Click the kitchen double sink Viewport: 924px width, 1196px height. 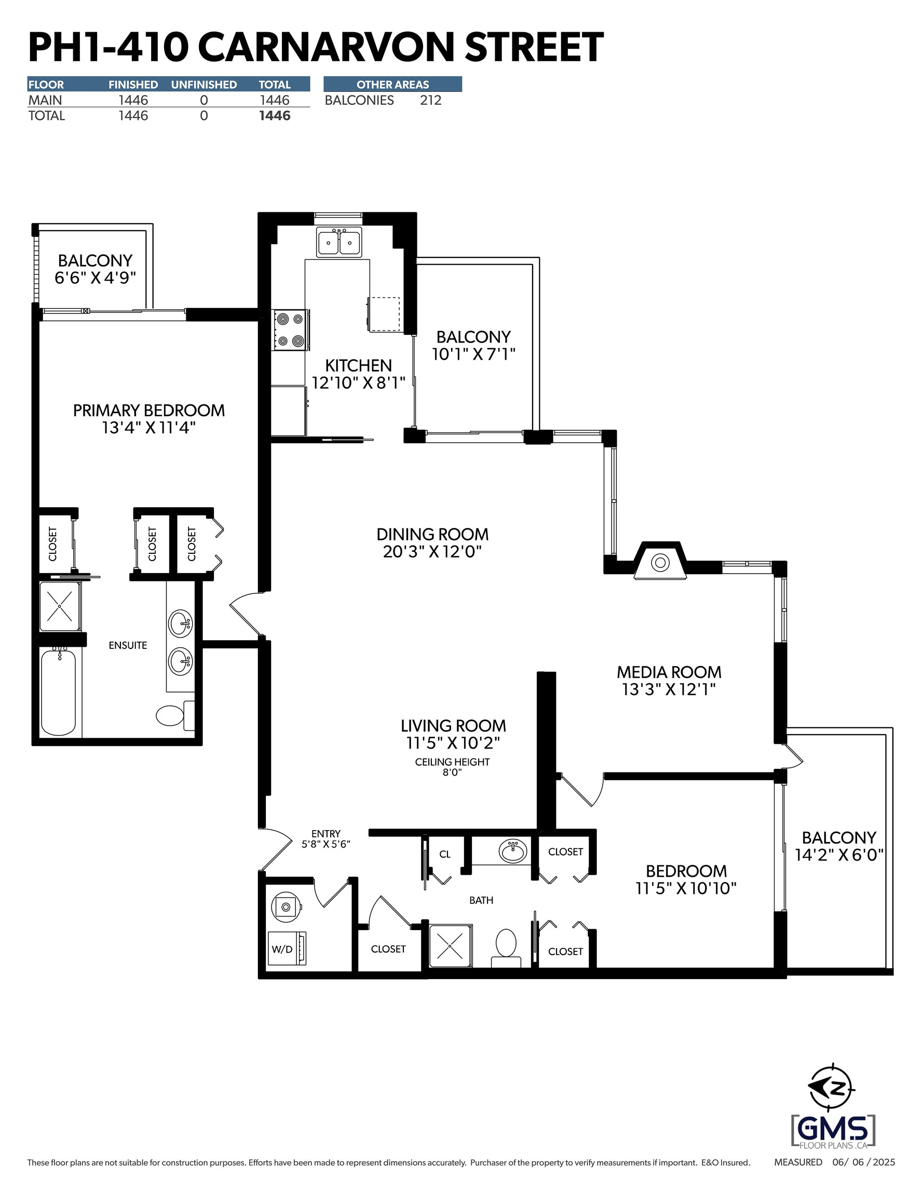coord(338,242)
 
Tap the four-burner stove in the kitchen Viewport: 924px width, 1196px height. coord(290,330)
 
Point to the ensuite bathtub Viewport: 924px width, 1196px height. coord(59,692)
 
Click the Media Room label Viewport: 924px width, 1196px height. coord(669,672)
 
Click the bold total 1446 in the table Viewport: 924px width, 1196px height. coord(275,116)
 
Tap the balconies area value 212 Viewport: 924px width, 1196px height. coord(430,100)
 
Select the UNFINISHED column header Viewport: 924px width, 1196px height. coord(204,84)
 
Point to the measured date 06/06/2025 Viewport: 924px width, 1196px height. coord(864,1162)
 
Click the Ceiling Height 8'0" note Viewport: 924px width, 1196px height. coord(453,767)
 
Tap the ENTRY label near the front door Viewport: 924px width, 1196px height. coord(326,834)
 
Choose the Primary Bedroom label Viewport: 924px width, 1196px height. coord(149,410)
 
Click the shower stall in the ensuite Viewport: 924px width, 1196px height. coord(60,606)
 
